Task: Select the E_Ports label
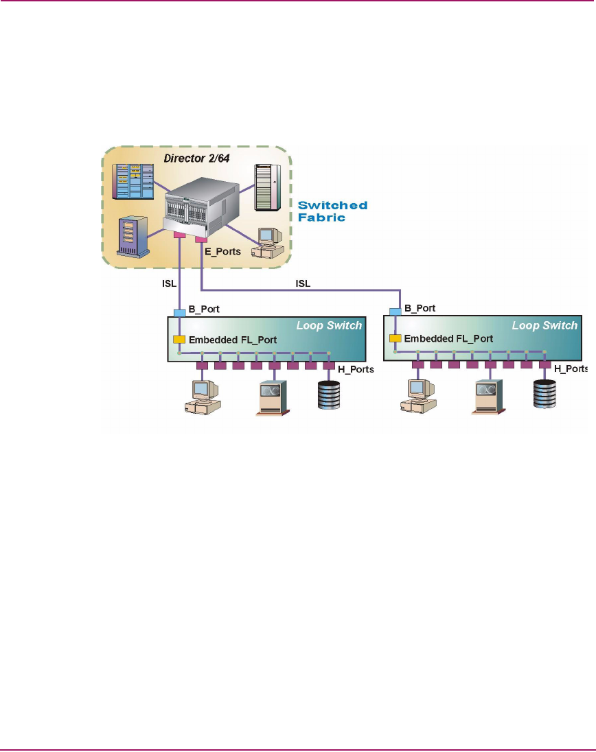(223, 252)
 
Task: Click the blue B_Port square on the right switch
(395, 312)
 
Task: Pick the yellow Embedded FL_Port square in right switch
(395, 338)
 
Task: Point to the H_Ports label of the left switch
(355, 370)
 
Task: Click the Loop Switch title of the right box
(545, 325)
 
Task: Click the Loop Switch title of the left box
(329, 325)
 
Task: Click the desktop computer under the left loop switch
(202, 397)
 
